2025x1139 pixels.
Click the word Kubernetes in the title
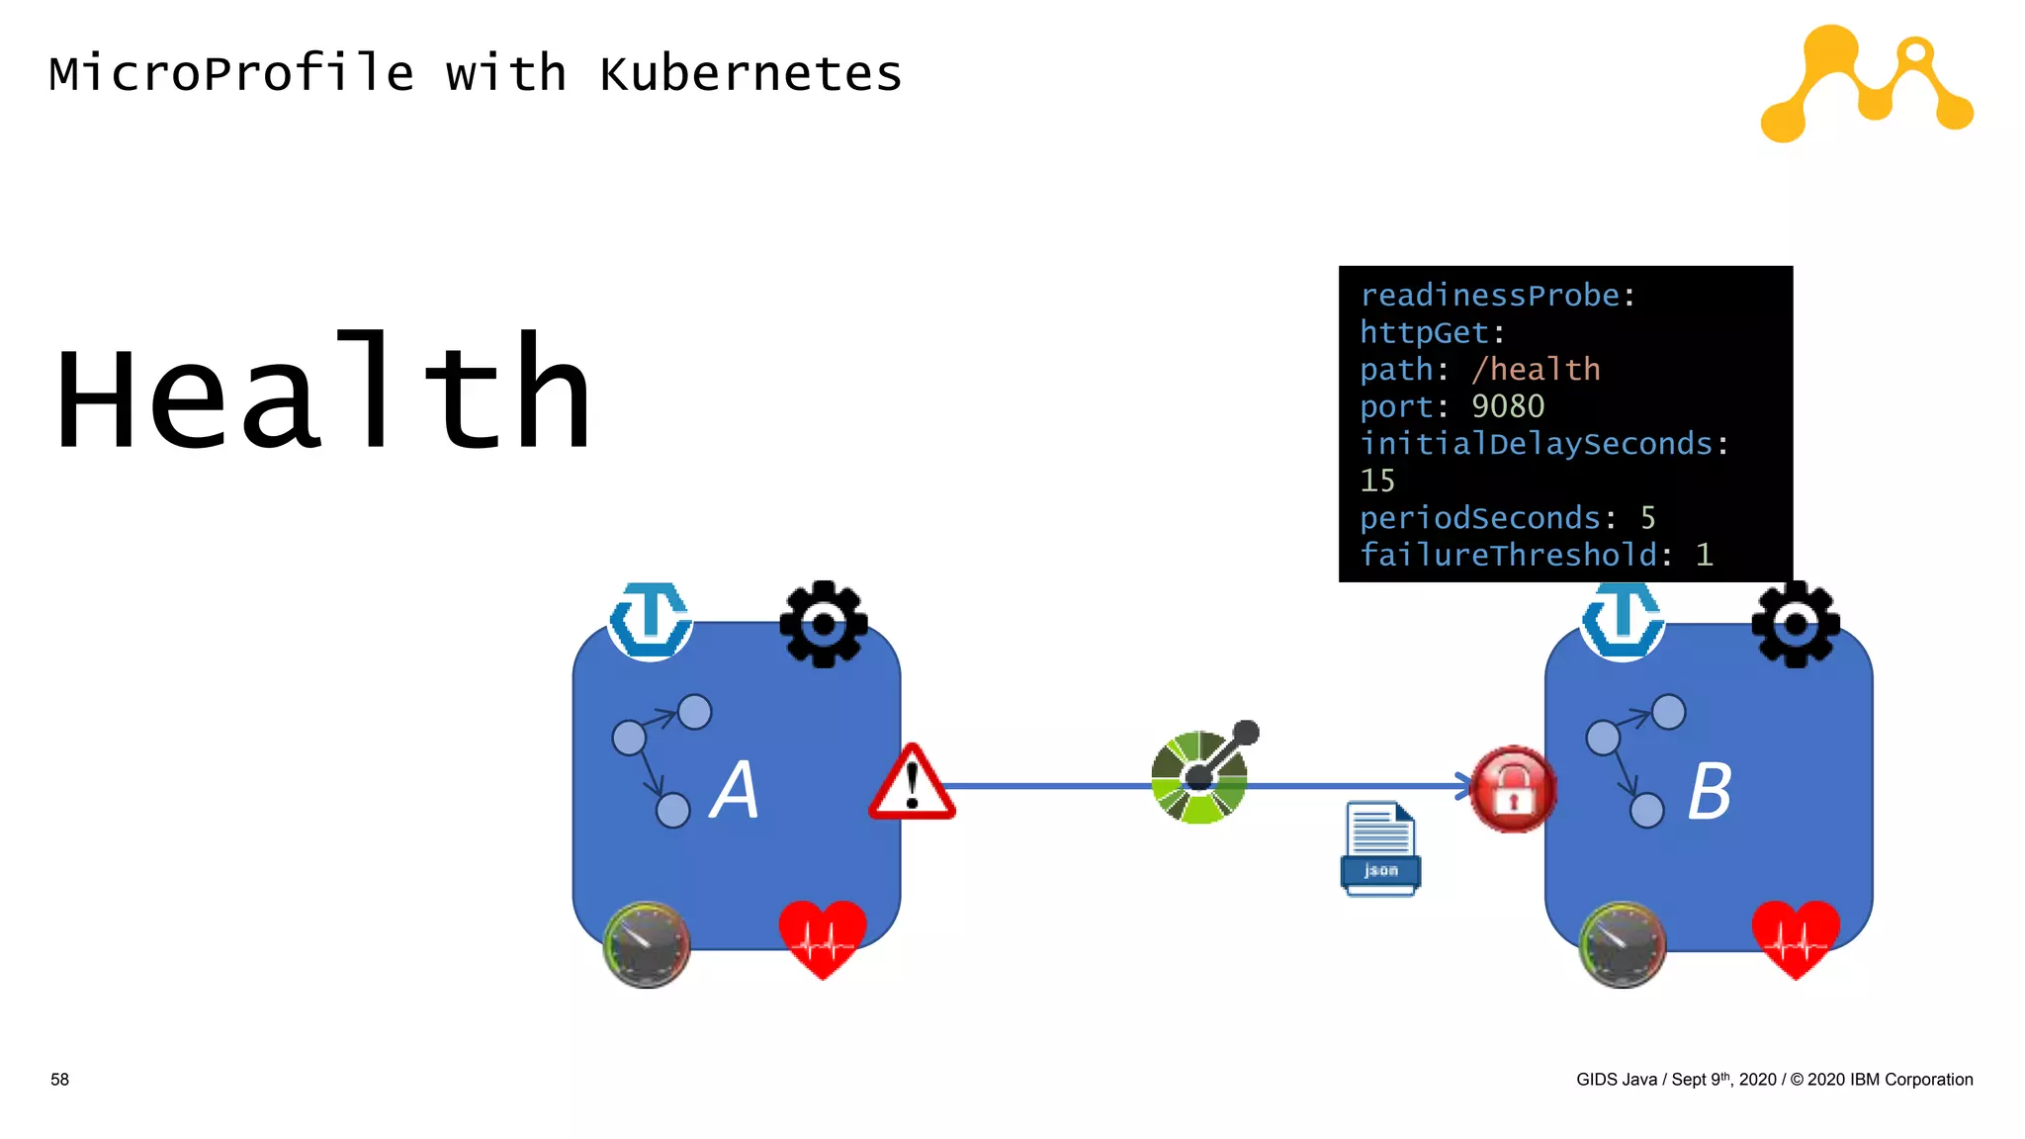[750, 74]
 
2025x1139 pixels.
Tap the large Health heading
[323, 393]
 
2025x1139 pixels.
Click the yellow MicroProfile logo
[1866, 84]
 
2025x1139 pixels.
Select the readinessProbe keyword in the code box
[1489, 295]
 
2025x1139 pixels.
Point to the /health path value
[1535, 369]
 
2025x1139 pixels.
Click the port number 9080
[1507, 406]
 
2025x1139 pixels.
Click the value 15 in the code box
[1376, 481]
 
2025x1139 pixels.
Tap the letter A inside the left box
[735, 790]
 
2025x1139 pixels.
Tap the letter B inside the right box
[1709, 792]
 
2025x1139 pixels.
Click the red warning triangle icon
[912, 785]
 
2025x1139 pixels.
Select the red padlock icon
[1512, 790]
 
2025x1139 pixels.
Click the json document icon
[1380, 848]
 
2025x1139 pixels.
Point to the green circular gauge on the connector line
[1199, 778]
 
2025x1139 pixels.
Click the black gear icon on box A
[823, 624]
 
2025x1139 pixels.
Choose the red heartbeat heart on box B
[1795, 938]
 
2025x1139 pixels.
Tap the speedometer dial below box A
[647, 944]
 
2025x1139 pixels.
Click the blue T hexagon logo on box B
[1622, 620]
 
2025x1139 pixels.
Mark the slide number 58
[59, 1080]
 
